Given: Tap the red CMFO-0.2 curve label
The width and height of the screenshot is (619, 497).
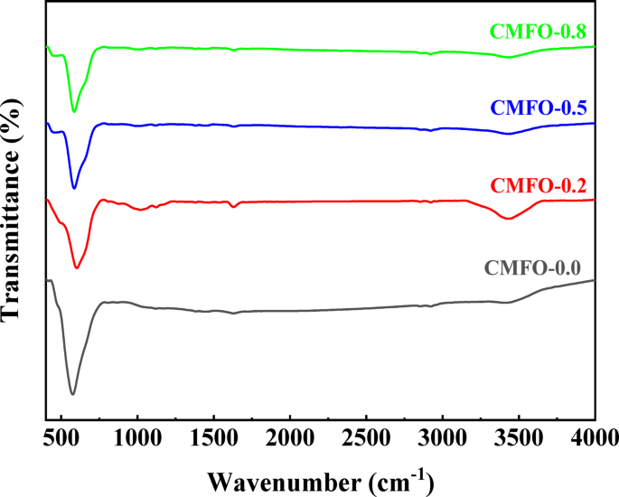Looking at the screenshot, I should (x=538, y=187).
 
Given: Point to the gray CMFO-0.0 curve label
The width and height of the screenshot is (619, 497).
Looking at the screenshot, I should (x=532, y=267).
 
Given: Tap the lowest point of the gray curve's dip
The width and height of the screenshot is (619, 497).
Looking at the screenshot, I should (x=72, y=394).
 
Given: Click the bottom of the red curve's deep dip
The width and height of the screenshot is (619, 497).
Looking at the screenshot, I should (x=77, y=268).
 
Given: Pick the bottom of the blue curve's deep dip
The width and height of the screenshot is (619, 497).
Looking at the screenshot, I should (x=74, y=189).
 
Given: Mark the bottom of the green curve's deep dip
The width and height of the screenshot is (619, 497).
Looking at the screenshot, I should (x=74, y=112).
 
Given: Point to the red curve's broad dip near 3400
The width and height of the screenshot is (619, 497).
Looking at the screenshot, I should (x=510, y=219).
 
